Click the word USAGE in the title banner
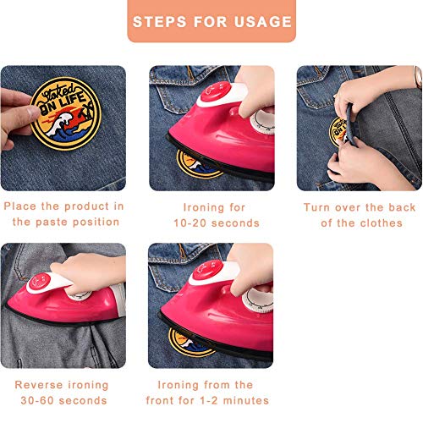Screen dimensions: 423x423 pyautogui.click(x=263, y=22)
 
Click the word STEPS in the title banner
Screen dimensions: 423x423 pyautogui.click(x=160, y=22)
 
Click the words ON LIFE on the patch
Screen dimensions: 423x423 pyautogui.click(x=63, y=103)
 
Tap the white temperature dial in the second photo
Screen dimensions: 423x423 pyautogui.click(x=262, y=122)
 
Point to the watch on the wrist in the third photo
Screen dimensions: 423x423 pyautogui.click(x=418, y=78)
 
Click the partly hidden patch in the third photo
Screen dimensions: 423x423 pyautogui.click(x=338, y=132)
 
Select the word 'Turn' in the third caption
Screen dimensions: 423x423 pyautogui.click(x=316, y=207)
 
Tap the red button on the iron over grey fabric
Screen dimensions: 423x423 pyautogui.click(x=39, y=282)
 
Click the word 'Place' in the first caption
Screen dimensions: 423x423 pyautogui.click(x=19, y=206)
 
